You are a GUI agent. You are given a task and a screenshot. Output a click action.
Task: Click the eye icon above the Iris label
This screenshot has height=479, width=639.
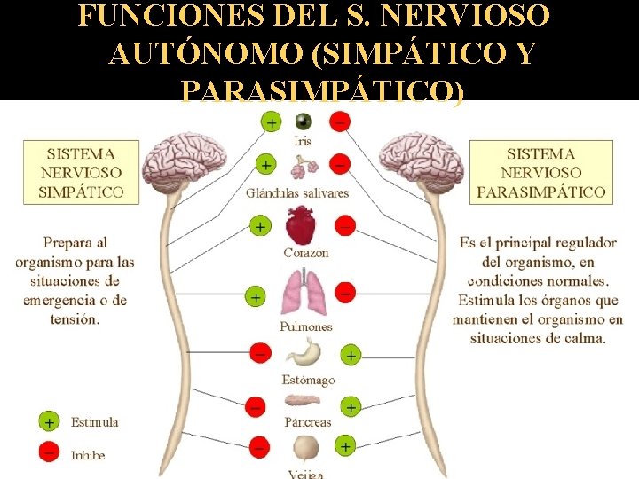pyautogui.click(x=304, y=122)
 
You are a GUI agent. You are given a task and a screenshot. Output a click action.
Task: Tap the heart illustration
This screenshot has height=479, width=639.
pyautogui.click(x=304, y=224)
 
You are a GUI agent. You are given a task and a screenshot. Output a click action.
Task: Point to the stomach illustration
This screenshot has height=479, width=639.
pyautogui.click(x=306, y=351)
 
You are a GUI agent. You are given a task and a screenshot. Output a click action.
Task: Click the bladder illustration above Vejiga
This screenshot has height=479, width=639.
pyautogui.click(x=307, y=447)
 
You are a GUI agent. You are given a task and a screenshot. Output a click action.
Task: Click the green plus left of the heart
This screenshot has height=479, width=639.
pyautogui.click(x=259, y=226)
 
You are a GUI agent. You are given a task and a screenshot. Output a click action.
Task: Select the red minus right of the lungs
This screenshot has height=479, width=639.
pyautogui.click(x=346, y=292)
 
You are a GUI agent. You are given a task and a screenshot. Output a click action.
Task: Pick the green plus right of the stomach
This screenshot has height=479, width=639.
pyautogui.click(x=351, y=356)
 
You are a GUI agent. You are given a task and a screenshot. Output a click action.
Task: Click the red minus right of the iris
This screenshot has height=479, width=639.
pyautogui.click(x=339, y=121)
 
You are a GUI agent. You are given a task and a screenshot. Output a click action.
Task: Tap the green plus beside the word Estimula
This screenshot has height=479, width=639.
pyautogui.click(x=50, y=422)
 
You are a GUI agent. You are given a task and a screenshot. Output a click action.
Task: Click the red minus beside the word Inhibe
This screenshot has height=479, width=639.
pyautogui.click(x=50, y=452)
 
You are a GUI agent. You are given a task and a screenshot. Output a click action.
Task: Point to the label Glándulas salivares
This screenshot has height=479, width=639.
pyautogui.click(x=298, y=192)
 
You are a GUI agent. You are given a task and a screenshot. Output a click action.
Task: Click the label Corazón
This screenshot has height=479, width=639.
pyautogui.click(x=306, y=253)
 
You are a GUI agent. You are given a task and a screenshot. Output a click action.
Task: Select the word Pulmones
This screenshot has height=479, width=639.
pyautogui.click(x=306, y=326)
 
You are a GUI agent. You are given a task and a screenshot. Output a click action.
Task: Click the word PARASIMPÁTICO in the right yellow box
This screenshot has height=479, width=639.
pyautogui.click(x=541, y=192)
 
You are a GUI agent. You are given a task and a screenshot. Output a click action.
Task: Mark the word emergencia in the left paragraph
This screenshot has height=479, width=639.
pyautogui.click(x=60, y=300)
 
